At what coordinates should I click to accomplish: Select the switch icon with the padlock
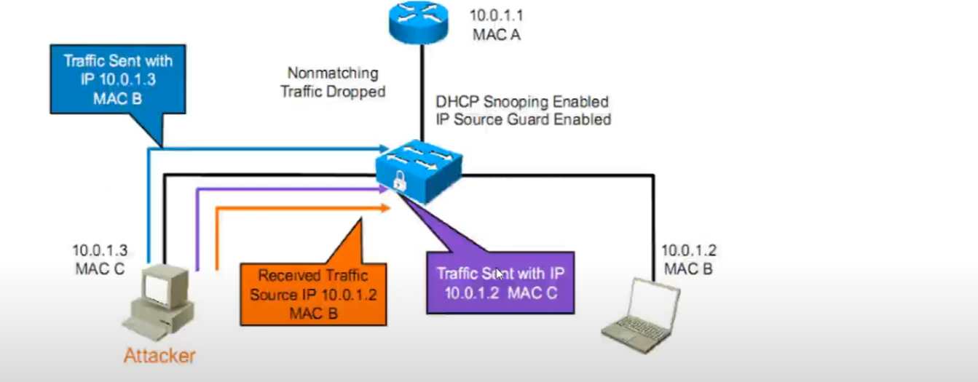point(418,171)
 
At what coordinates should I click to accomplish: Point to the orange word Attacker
point(159,357)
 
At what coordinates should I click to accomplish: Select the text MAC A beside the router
point(495,33)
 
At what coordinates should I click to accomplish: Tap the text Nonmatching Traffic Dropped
point(333,82)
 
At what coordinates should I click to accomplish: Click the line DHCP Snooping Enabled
point(521,101)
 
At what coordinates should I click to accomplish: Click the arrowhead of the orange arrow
point(387,208)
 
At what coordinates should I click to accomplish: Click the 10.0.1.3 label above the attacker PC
point(100,250)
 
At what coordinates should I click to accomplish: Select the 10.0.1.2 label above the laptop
point(688,250)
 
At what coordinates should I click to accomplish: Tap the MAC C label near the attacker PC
point(100,268)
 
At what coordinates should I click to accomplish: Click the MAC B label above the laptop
point(688,268)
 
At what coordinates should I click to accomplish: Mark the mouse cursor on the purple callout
point(500,274)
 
